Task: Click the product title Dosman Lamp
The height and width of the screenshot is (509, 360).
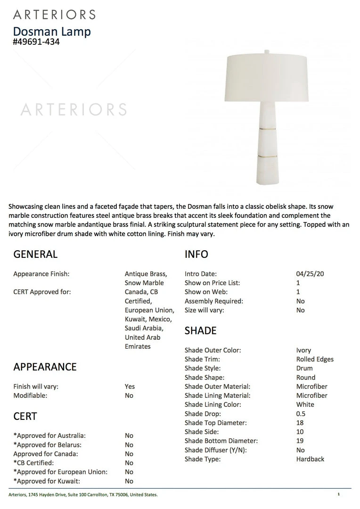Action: (x=52, y=32)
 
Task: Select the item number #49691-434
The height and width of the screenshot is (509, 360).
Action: (x=36, y=42)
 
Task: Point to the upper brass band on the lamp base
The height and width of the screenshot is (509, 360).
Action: (x=267, y=127)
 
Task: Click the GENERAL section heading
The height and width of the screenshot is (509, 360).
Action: (x=35, y=254)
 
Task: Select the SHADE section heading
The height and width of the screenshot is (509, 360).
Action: (x=201, y=331)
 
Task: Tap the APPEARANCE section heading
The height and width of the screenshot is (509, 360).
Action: (x=45, y=367)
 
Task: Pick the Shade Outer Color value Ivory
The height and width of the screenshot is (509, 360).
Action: (x=303, y=350)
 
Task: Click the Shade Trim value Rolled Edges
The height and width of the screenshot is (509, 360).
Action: (x=315, y=359)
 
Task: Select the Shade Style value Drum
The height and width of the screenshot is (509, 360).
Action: (x=304, y=368)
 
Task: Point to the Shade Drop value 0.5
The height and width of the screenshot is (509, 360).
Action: (x=301, y=414)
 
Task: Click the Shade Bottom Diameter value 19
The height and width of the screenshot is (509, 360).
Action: (x=300, y=441)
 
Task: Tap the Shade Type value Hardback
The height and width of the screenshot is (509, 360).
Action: (x=310, y=459)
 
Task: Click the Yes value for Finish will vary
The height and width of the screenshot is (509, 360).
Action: (x=130, y=386)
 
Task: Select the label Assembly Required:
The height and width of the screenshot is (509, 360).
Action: (x=213, y=301)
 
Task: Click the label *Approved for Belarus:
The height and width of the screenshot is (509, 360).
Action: (x=48, y=445)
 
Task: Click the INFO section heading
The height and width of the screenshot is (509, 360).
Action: (x=196, y=254)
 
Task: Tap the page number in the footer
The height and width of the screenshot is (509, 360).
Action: (x=338, y=494)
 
